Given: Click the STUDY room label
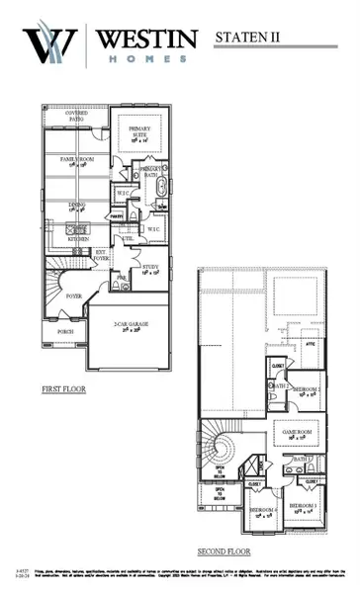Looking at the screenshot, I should tap(151, 268).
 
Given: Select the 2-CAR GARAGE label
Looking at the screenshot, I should tap(132, 326).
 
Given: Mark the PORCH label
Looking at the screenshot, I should tap(65, 332).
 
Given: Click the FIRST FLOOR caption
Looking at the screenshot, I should tap(63, 389).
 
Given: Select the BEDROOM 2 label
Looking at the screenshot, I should tap(307, 391).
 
